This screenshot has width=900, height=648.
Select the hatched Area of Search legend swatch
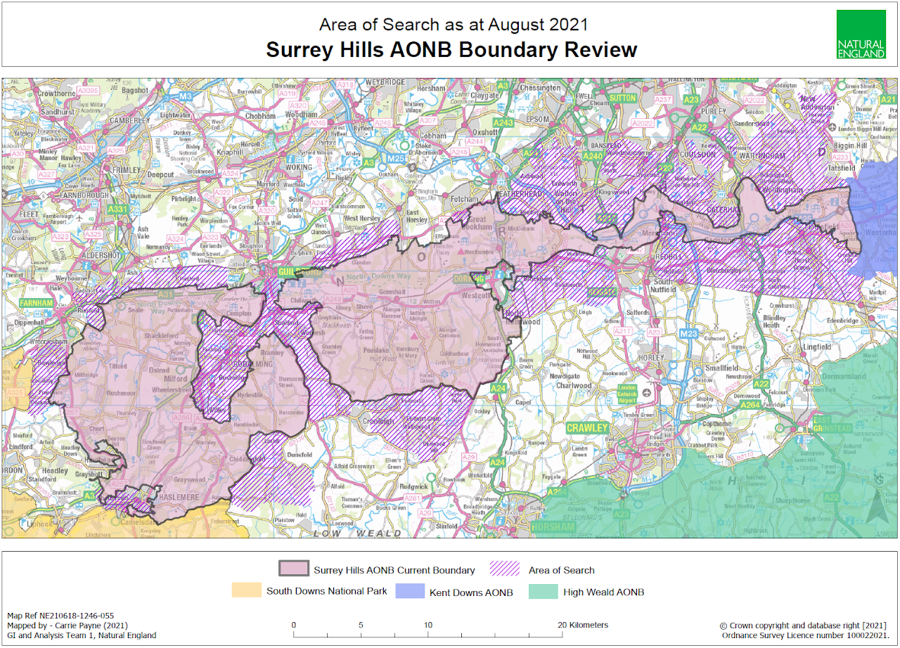click(499, 569)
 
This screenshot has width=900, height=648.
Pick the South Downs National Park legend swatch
click(245, 591)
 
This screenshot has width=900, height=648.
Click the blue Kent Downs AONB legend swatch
click(409, 592)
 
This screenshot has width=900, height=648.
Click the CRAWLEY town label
click(587, 428)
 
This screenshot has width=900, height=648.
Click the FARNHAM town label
click(36, 303)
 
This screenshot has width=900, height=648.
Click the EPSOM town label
click(537, 119)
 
